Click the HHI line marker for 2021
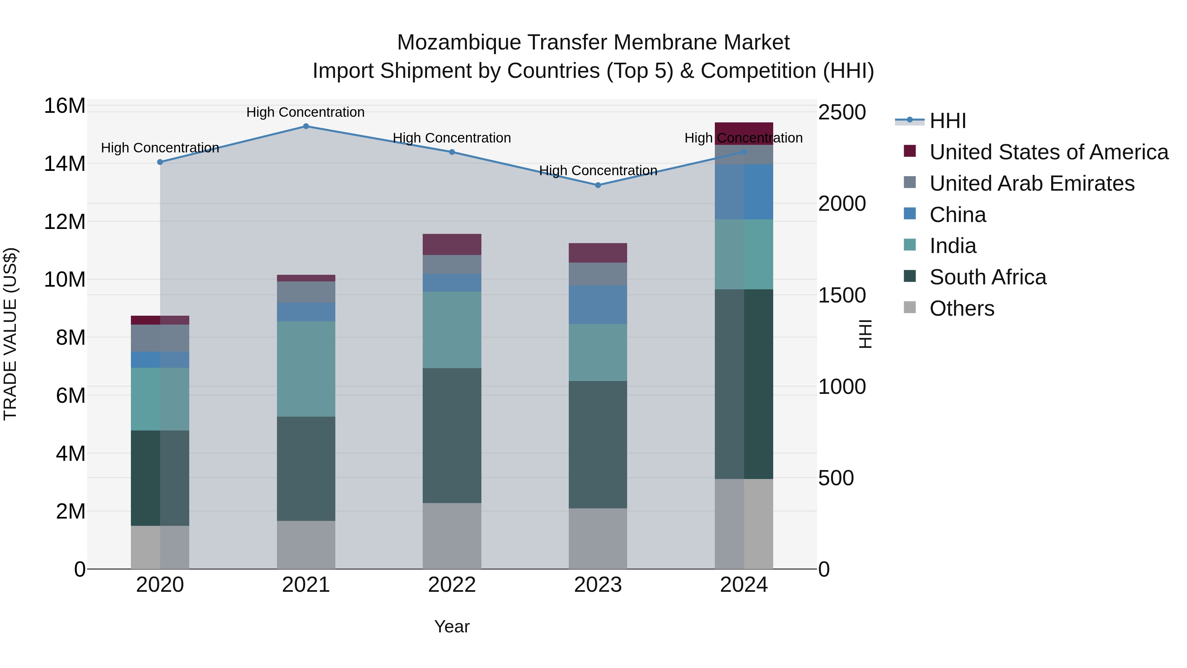tap(306, 126)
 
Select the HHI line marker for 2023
tap(598, 185)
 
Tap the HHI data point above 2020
tap(160, 162)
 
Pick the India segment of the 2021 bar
tap(306, 369)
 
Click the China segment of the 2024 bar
tap(744, 192)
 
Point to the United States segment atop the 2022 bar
tap(452, 244)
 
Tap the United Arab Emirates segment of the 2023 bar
tap(598, 274)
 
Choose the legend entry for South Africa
tap(988, 277)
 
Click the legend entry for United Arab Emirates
tap(1032, 183)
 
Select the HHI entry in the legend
tap(947, 121)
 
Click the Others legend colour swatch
tap(910, 307)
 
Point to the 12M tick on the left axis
tap(65, 222)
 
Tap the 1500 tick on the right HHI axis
tap(842, 295)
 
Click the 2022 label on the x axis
tap(452, 585)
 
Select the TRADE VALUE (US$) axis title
tap(10, 334)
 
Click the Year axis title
tap(452, 626)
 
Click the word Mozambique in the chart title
tap(459, 43)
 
